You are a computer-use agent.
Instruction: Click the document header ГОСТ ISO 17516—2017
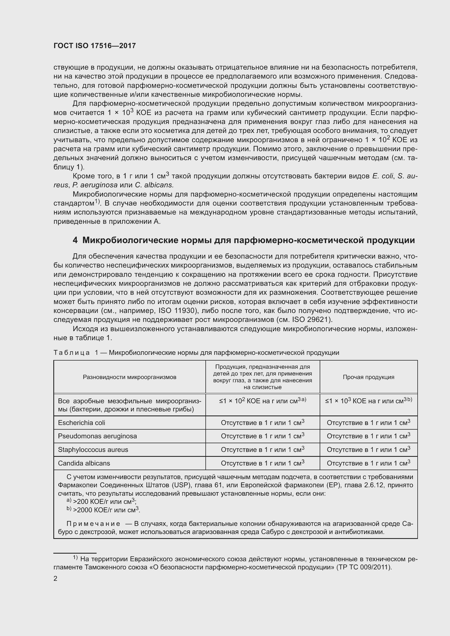94,46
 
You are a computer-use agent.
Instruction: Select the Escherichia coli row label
81,423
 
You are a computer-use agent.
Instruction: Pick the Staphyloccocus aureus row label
93,449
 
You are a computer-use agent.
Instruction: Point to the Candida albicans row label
84,463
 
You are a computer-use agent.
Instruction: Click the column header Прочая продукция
368,377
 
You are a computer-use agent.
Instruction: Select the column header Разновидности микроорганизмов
130,377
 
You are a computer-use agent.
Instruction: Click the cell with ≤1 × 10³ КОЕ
368,401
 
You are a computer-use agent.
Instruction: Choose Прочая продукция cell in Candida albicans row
368,463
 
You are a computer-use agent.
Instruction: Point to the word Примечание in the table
93,524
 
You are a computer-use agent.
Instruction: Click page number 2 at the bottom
56,579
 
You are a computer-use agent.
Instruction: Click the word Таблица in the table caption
72,353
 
